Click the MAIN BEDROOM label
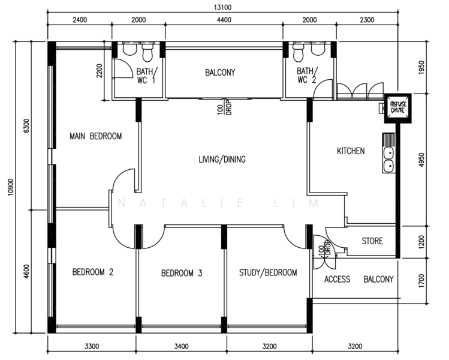pyautogui.click(x=96, y=136)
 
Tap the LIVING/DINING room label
pyautogui.click(x=222, y=159)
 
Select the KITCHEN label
pyautogui.click(x=351, y=151)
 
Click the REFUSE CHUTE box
pyautogui.click(x=397, y=108)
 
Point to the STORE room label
pyautogui.click(x=372, y=241)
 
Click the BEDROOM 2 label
pyautogui.click(x=93, y=272)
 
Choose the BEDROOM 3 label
pyautogui.click(x=182, y=273)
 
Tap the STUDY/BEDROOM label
pyautogui.click(x=268, y=272)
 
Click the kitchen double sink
pyautogui.click(x=388, y=153)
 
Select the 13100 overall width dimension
pyautogui.click(x=222, y=7)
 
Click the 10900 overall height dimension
pyautogui.click(x=11, y=187)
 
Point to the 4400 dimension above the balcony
pyautogui.click(x=224, y=20)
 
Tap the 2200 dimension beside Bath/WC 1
pyautogui.click(x=100, y=71)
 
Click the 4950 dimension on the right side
pyautogui.click(x=421, y=160)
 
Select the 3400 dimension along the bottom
pyautogui.click(x=181, y=346)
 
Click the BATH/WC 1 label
pyautogui.click(x=147, y=76)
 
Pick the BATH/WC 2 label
pyautogui.click(x=307, y=75)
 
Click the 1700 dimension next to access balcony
pyautogui.click(x=421, y=281)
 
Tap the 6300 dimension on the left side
pyautogui.click(x=26, y=125)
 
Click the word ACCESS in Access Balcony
pyautogui.click(x=337, y=279)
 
